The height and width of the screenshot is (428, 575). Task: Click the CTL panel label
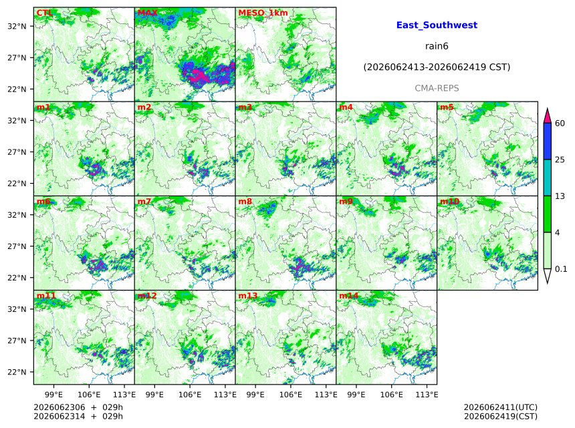click(x=44, y=13)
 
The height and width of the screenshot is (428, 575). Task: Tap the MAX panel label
click(x=147, y=13)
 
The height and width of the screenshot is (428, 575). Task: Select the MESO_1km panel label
click(x=263, y=13)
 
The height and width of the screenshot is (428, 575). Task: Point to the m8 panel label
click(x=245, y=202)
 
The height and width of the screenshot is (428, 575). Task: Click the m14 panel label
click(x=348, y=296)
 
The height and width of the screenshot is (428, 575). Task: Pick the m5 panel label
click(x=447, y=108)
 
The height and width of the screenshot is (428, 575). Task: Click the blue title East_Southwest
click(x=437, y=25)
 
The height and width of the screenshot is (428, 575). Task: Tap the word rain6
click(x=437, y=46)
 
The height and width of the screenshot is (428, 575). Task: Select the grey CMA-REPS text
click(x=437, y=88)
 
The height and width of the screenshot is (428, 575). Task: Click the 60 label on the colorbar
click(x=560, y=123)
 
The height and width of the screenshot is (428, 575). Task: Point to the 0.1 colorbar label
click(x=561, y=269)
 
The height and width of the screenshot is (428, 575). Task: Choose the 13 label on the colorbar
click(x=560, y=196)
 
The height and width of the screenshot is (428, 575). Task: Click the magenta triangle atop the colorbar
click(x=548, y=117)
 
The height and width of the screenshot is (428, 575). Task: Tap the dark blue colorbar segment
click(x=548, y=142)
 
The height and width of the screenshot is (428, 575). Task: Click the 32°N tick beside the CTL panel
click(x=17, y=26)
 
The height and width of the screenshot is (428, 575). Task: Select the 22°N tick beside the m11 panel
click(x=17, y=372)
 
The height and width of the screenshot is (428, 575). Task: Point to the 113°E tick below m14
click(x=427, y=395)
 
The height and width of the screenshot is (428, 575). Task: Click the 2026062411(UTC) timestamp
click(x=501, y=407)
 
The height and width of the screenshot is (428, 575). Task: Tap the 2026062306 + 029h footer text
click(x=78, y=407)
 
